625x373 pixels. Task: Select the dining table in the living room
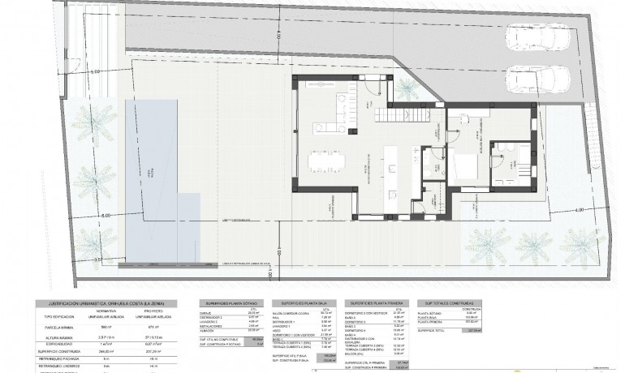330,161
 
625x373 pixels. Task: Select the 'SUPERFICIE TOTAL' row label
433,330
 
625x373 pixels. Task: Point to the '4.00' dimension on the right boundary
579,211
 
